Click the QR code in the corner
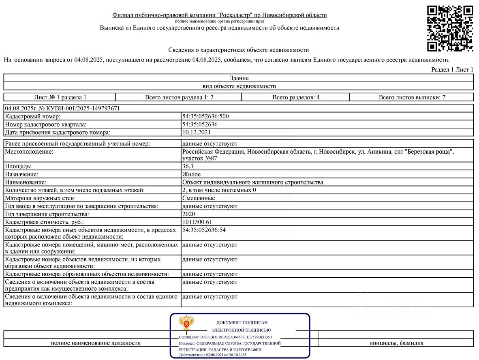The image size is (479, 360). (450, 28)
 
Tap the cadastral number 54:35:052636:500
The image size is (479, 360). (206, 116)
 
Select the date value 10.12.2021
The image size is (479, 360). (197, 132)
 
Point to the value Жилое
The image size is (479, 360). (191, 174)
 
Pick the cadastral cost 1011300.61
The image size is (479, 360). (197, 222)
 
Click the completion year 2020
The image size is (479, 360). (189, 214)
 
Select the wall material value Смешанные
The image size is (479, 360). (199, 198)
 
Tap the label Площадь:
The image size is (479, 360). (18, 166)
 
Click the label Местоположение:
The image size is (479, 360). (29, 152)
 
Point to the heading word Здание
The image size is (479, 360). (239, 78)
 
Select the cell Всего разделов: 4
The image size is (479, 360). (296, 97)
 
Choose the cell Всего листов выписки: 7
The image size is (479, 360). (412, 97)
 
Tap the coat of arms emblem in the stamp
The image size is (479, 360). (187, 324)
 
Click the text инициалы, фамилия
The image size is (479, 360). (396, 343)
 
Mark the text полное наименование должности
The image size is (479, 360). (96, 343)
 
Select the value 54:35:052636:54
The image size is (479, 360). (204, 230)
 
